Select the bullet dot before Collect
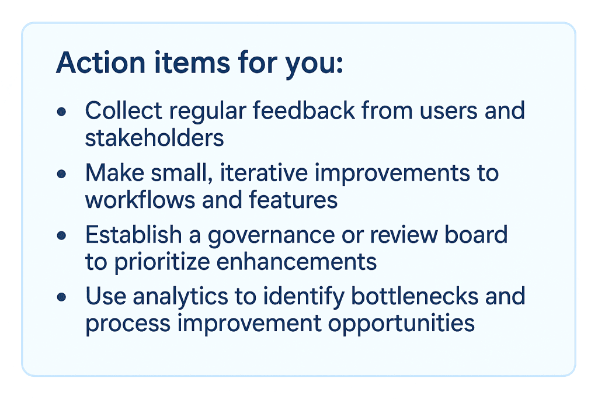pyautogui.click(x=62, y=111)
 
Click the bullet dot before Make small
pyautogui.click(x=62, y=174)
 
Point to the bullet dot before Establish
pyautogui.click(x=62, y=235)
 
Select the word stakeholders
pyautogui.click(x=154, y=138)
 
